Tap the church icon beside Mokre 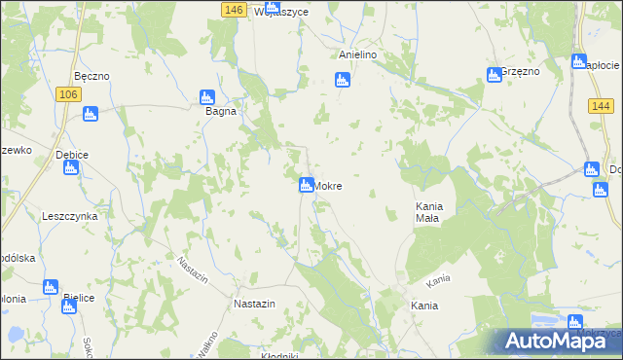point(306,185)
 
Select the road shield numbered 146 point(232,10)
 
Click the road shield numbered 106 point(67,93)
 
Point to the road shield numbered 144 point(600,105)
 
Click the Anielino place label point(357,55)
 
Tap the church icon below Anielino point(342,80)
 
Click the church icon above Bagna point(206,96)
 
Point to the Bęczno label point(91,76)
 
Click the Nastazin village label point(255,304)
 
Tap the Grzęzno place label point(520,73)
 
